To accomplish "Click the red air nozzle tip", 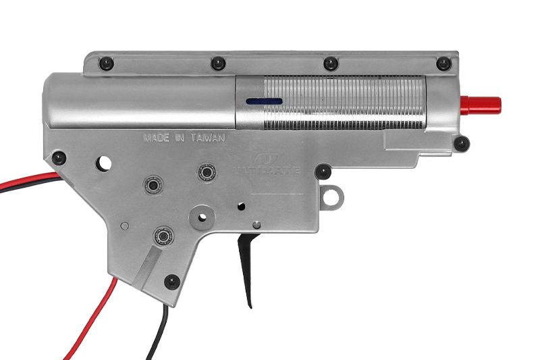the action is pyautogui.click(x=481, y=106).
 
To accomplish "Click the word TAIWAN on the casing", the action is pyautogui.click(x=208, y=138).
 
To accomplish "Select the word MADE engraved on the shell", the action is pyautogui.click(x=157, y=138).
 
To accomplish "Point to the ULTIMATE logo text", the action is pyautogui.click(x=267, y=170).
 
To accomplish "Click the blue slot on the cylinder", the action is pyautogui.click(x=264, y=101).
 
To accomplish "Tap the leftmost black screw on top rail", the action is pyautogui.click(x=106, y=63).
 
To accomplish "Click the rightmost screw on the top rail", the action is pyautogui.click(x=443, y=63).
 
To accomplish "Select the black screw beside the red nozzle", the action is pyautogui.click(x=462, y=144).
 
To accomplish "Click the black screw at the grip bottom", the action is pyautogui.click(x=172, y=282).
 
